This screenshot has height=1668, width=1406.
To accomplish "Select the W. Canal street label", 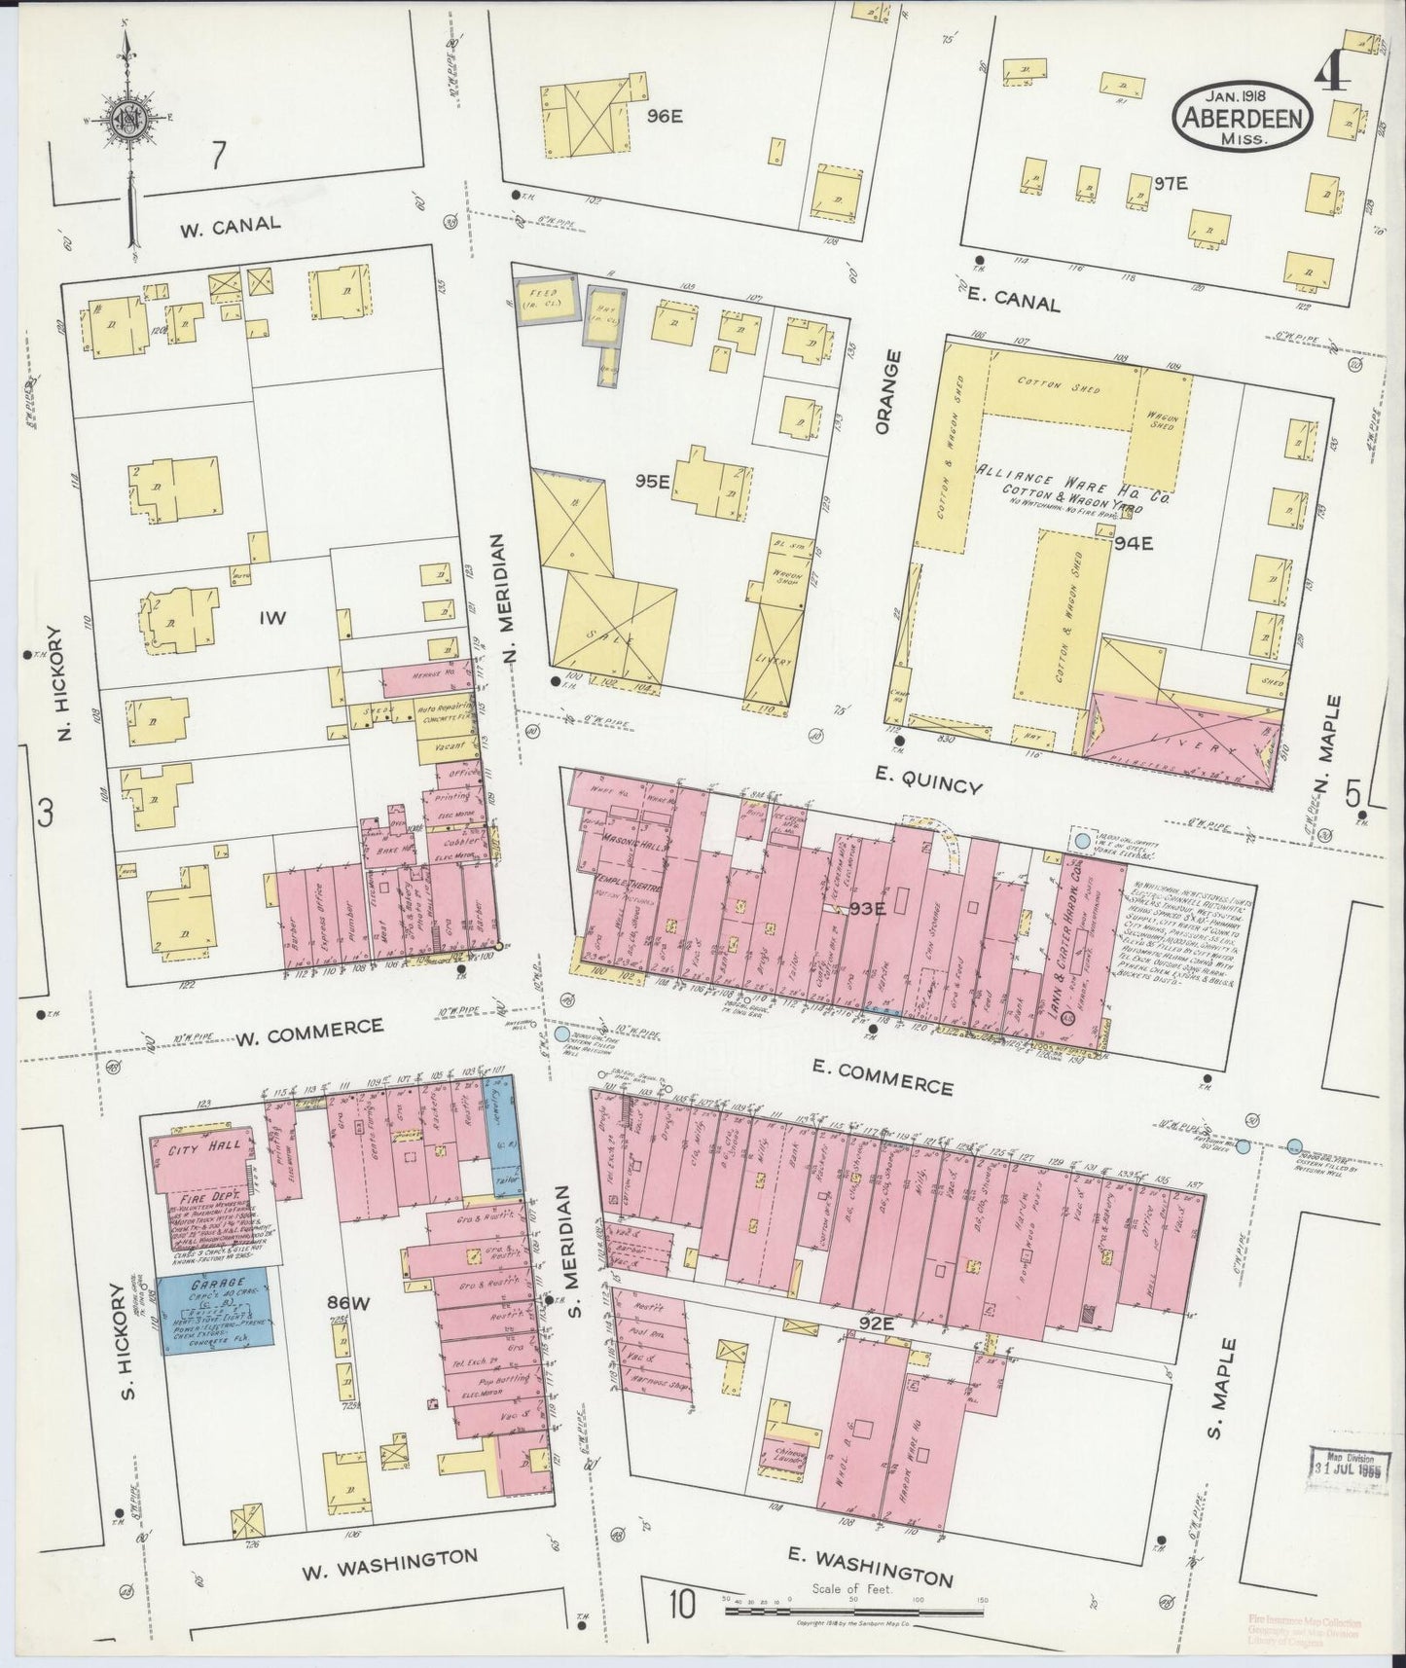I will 231,224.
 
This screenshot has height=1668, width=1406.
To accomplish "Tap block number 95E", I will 655,481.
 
